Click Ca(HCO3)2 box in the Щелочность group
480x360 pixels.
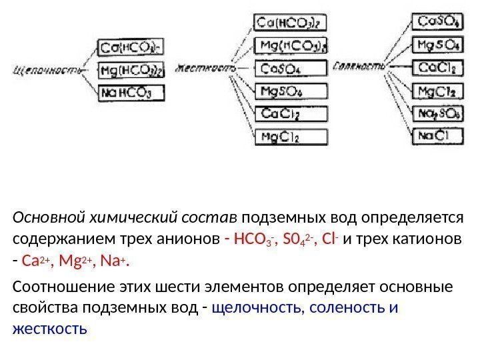coord(131,48)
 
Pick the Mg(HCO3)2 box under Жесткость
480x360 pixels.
coord(291,46)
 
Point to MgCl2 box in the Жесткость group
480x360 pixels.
coord(291,137)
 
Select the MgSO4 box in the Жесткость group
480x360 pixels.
coord(291,91)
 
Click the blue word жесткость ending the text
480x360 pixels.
coord(49,329)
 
